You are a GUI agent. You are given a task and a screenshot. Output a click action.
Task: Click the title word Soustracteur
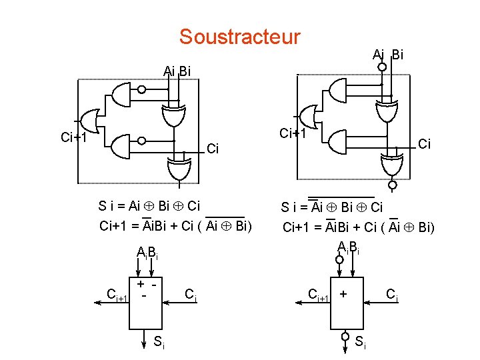click(239, 36)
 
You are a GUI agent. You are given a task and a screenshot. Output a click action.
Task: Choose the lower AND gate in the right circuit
click(338, 141)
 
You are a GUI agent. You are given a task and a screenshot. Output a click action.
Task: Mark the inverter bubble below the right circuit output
click(393, 185)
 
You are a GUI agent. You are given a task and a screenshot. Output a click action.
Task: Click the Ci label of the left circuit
click(214, 148)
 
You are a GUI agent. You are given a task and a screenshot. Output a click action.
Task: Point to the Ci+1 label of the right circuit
click(293, 133)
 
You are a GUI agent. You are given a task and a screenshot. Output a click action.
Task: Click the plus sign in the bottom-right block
click(343, 293)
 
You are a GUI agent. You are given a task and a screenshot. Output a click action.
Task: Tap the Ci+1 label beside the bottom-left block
click(117, 294)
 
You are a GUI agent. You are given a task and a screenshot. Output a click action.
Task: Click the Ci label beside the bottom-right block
click(392, 294)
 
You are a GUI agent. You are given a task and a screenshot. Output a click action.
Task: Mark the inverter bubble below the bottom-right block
click(346, 335)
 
